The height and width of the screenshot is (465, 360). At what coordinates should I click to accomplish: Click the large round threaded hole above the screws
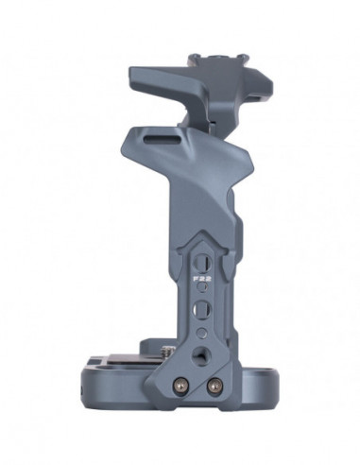tap(199, 354)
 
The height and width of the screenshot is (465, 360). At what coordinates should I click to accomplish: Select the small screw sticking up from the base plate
tap(167, 351)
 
